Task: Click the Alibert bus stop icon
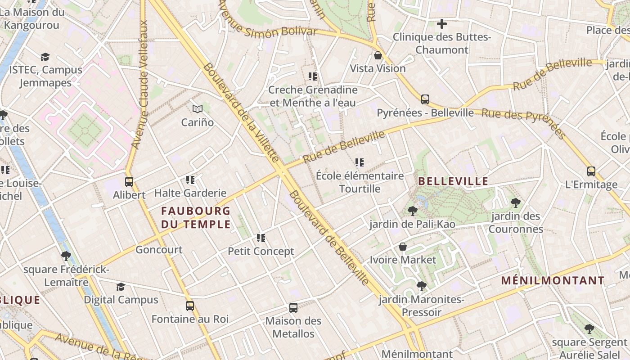pos(129,182)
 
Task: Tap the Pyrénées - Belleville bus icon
pos(425,99)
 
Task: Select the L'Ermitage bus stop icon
pos(591,171)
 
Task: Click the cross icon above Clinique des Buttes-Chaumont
pos(442,24)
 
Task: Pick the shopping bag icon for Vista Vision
pos(378,55)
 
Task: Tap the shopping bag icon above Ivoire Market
pos(403,247)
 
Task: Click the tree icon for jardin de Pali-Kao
pos(412,211)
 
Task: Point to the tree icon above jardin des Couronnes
pos(516,203)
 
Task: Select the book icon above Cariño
pos(198,109)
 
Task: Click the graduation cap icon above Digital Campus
pos(121,287)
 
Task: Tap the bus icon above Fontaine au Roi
pos(190,306)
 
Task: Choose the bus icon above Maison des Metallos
pos(293,308)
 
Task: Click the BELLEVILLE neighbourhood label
pos(453,181)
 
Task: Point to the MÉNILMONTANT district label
pos(553,281)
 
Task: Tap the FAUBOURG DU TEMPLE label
pos(196,217)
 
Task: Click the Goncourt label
pos(159,250)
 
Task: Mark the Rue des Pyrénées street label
pos(522,121)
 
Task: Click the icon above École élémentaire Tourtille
pos(359,162)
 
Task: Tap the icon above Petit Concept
pos(261,238)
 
